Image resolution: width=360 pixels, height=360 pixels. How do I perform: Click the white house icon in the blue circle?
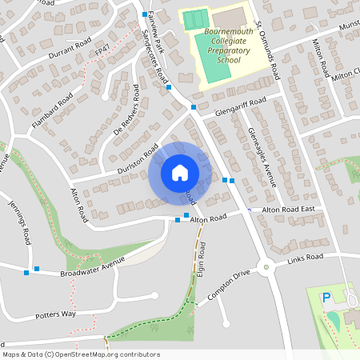(x=179, y=173)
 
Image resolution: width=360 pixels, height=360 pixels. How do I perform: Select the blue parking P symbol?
(x=326, y=298)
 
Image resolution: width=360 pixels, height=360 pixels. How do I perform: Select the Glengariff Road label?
(x=234, y=108)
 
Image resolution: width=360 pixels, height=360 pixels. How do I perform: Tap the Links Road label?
(x=304, y=258)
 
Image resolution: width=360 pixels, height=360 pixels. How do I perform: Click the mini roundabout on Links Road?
(x=266, y=267)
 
